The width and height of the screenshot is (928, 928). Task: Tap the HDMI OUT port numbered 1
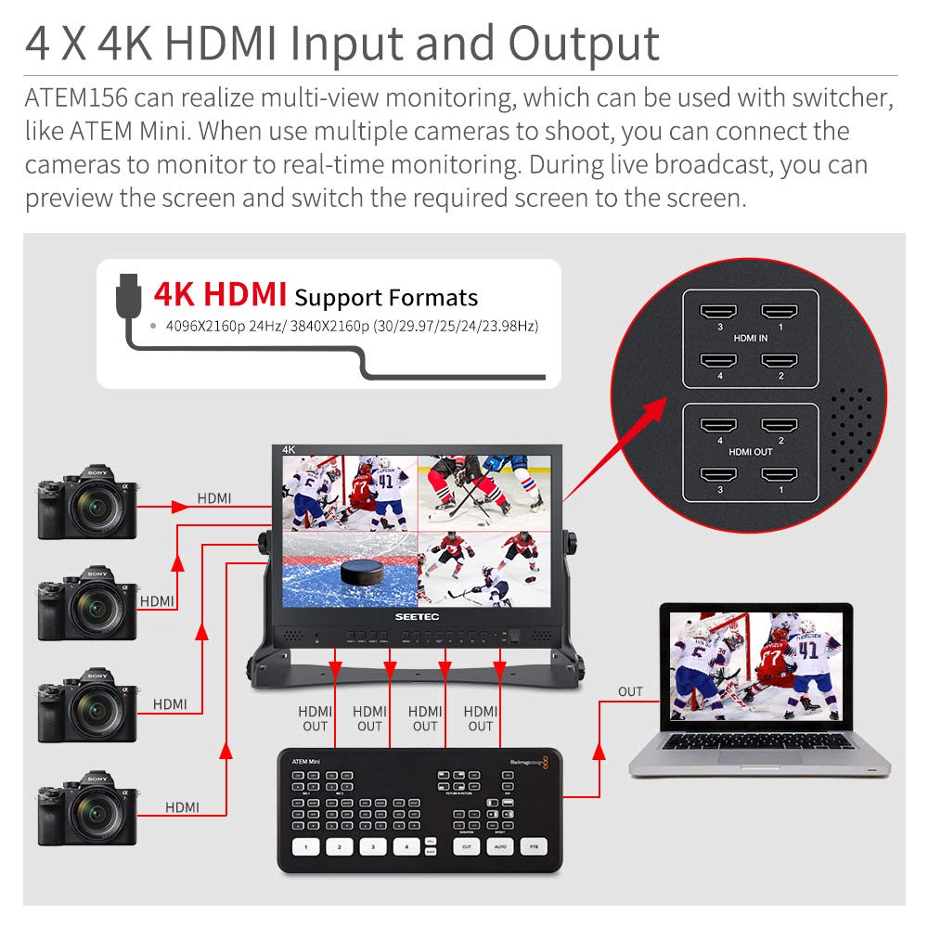780,475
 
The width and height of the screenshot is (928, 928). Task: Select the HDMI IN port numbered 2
780,361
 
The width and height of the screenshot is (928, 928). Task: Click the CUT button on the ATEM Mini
467,846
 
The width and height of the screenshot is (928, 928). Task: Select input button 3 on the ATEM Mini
373,846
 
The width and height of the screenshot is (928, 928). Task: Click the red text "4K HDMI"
220,294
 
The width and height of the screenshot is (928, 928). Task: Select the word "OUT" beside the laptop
630,691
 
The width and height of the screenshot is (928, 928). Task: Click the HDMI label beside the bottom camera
182,807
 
